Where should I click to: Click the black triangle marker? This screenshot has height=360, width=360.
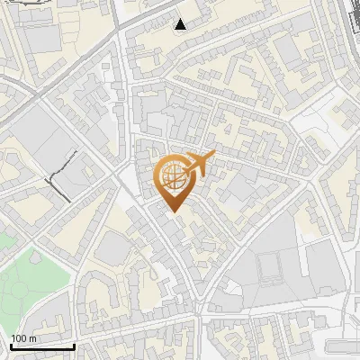click(181, 24)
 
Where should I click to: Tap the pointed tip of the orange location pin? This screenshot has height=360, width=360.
click(173, 210)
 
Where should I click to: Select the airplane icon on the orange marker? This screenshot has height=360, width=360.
click(199, 164)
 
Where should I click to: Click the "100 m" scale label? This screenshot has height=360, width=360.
click(23, 338)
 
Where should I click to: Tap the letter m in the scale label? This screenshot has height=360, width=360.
click(33, 338)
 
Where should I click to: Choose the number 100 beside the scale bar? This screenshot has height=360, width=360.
click(19, 338)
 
